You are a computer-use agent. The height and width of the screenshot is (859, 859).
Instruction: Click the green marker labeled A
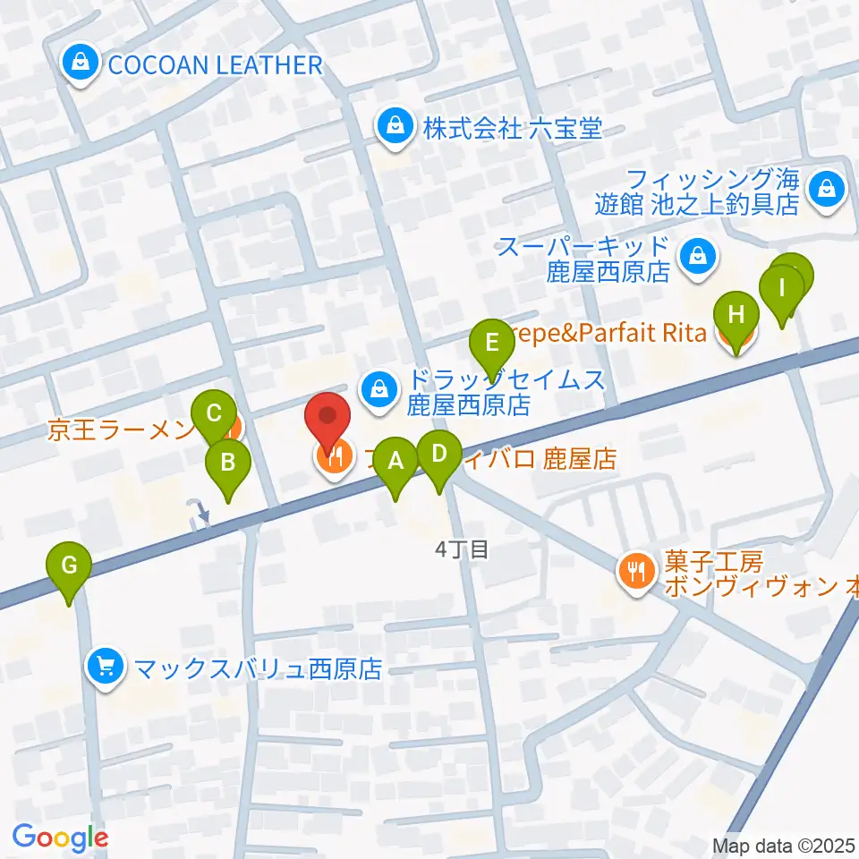395,463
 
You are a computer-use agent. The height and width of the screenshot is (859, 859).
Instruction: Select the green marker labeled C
214,414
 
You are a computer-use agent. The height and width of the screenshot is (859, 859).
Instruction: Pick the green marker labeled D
438,454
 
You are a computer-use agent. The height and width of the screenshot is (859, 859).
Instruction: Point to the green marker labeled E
490,343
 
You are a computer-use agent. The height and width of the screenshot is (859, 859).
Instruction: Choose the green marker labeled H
736,316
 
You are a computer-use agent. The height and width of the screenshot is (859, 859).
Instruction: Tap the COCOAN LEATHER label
214,64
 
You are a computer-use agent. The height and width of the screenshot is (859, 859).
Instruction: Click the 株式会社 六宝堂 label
513,129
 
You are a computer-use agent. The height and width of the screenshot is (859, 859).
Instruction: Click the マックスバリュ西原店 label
258,668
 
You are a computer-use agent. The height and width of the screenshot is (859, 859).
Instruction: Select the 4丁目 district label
462,549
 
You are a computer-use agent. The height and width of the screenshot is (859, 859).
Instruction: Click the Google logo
60,838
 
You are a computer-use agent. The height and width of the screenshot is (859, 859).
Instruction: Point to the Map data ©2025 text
784,845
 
